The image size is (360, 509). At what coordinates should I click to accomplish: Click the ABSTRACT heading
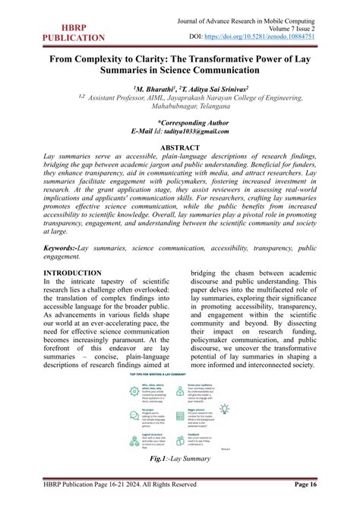(179, 147)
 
